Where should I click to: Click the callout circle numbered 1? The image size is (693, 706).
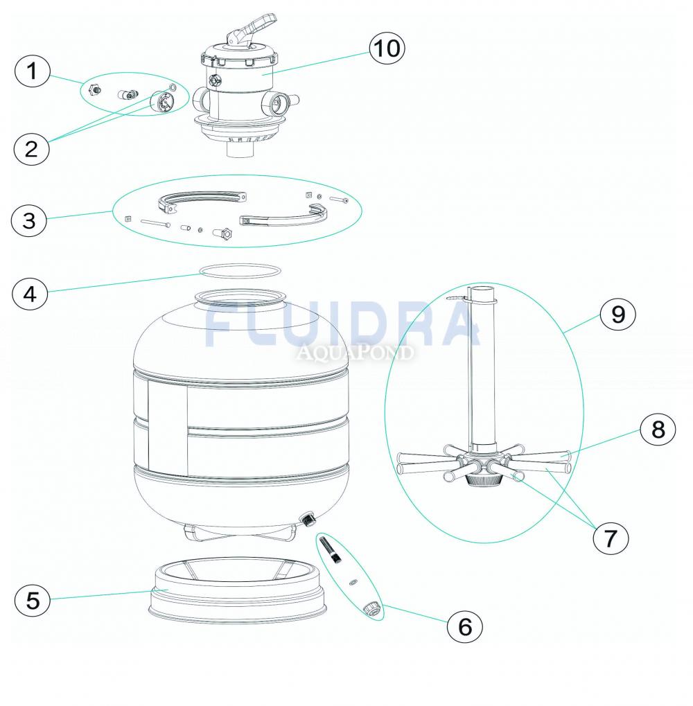tap(32, 71)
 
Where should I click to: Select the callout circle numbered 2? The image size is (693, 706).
tap(31, 148)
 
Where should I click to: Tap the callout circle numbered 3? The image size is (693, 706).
tap(29, 220)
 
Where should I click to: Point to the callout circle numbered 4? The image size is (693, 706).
tap(30, 294)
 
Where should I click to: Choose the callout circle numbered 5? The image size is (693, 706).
tap(33, 600)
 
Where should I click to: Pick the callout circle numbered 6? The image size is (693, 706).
tap(465, 626)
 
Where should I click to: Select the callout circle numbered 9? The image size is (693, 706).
tap(617, 314)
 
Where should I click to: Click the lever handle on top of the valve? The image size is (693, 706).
tap(252, 30)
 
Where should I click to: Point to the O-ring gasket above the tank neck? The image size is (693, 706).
tap(240, 271)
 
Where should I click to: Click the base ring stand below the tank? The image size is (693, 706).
tap(238, 590)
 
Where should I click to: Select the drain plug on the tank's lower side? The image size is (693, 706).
tap(308, 519)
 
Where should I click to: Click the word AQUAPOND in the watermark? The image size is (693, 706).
tap(354, 353)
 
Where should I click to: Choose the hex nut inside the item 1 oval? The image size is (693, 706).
tap(94, 89)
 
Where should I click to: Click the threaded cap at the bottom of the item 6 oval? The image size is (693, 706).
tap(371, 609)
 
